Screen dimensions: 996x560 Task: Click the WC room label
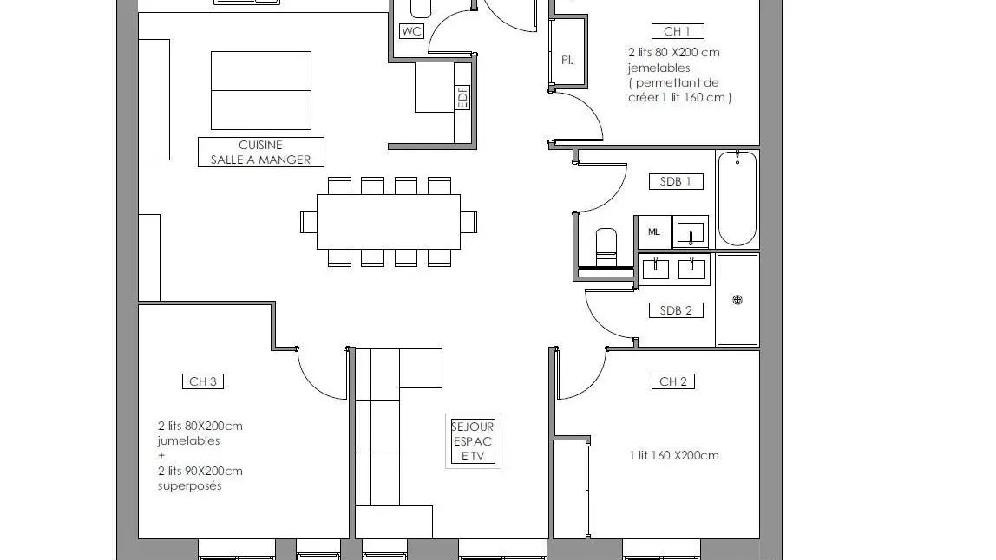[x=411, y=31]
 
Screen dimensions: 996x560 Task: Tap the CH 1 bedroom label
[x=678, y=31]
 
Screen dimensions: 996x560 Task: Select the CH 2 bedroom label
[x=673, y=381]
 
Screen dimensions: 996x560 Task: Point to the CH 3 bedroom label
[x=203, y=381]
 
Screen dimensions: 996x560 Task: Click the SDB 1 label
[x=676, y=181]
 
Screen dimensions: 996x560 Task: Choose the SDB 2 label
[x=676, y=310]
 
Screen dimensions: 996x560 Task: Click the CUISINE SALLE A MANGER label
[x=261, y=153]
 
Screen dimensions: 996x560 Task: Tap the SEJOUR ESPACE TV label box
[x=473, y=441]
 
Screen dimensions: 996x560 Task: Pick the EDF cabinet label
[x=462, y=97]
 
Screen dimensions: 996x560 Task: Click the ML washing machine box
[x=654, y=232]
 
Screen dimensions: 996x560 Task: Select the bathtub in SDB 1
[x=737, y=199]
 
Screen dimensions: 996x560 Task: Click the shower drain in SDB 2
[x=737, y=300]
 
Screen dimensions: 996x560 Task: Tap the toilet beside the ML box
[x=606, y=246]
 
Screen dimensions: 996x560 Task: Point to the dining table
[x=389, y=222]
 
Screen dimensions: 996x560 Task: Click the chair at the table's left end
[x=309, y=222]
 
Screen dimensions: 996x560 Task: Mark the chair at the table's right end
[x=469, y=222]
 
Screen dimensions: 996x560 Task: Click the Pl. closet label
[x=567, y=61]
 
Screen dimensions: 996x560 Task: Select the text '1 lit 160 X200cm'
[x=674, y=455]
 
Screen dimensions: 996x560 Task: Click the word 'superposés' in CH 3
[x=190, y=486]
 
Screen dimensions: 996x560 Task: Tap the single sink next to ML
[x=691, y=232]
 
